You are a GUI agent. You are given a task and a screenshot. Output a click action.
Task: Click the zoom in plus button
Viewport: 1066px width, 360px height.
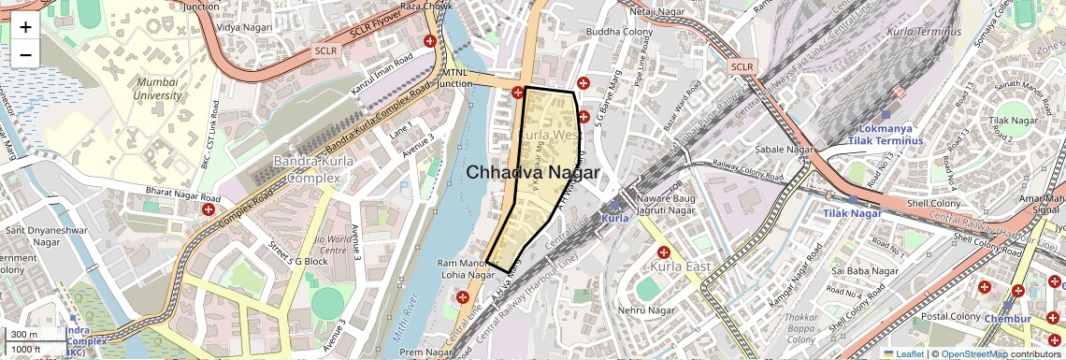(25, 26)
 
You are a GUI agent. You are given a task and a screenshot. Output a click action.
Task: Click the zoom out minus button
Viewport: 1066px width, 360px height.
(25, 54)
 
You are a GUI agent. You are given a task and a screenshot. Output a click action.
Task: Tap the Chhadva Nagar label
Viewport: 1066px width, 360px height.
(532, 173)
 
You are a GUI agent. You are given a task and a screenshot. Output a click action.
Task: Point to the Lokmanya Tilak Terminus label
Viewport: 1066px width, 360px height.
(885, 132)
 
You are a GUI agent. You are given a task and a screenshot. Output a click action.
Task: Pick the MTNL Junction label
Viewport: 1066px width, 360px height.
(456, 78)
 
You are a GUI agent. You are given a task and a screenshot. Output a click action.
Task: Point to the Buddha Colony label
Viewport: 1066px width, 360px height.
(619, 32)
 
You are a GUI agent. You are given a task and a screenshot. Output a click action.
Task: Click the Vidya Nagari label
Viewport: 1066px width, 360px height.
(242, 28)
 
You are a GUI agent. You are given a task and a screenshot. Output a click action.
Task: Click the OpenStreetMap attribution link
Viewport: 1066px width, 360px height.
(974, 353)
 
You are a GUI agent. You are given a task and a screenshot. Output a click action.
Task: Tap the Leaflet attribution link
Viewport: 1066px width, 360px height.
(903, 353)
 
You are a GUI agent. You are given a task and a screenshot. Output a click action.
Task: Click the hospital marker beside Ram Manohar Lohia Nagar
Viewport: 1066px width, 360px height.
(462, 297)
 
